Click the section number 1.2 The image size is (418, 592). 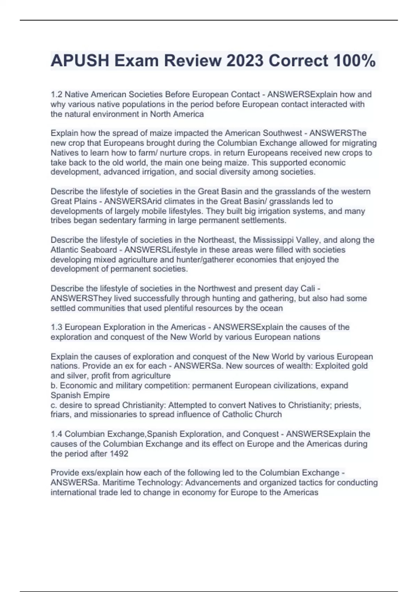click(x=56, y=94)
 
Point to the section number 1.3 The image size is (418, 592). click(x=56, y=327)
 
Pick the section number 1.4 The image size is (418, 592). click(x=56, y=434)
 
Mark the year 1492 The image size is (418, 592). click(x=119, y=454)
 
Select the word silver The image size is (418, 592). click(x=76, y=376)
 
